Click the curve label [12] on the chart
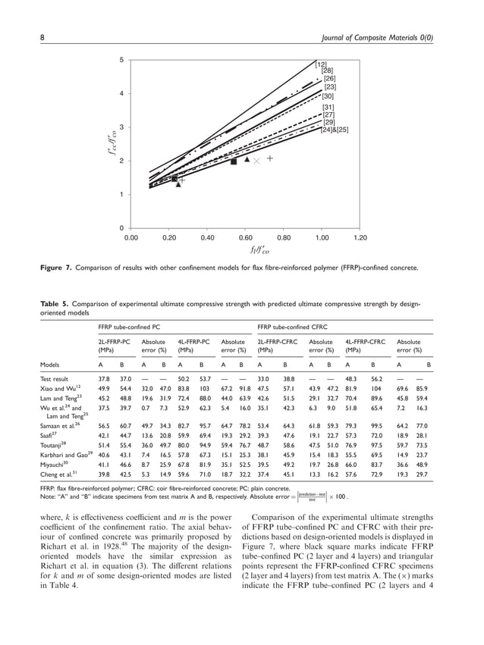pyautogui.click(x=321, y=64)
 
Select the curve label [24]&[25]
pyautogui.click(x=335, y=130)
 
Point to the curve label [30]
pyautogui.click(x=328, y=97)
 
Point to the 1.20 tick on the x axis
pyautogui.click(x=360, y=236)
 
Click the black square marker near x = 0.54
pyautogui.click(x=234, y=161)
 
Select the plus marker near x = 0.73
pyautogui.click(x=269, y=159)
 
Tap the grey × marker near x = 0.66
pyautogui.click(x=256, y=161)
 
